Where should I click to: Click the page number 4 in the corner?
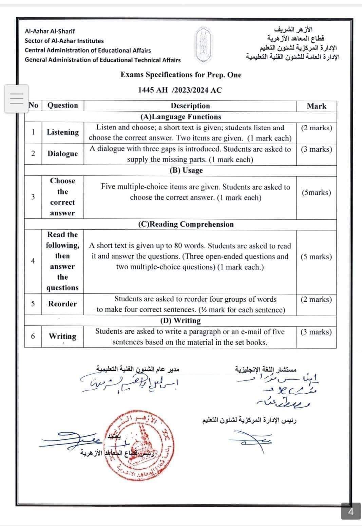click(x=351, y=511)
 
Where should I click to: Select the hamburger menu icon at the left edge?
click(x=16, y=98)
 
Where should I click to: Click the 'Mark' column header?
click(x=316, y=106)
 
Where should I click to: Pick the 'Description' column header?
click(x=190, y=106)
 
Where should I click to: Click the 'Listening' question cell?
click(x=63, y=132)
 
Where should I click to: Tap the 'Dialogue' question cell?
click(x=63, y=154)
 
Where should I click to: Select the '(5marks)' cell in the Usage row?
click(x=316, y=192)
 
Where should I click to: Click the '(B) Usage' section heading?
click(x=186, y=170)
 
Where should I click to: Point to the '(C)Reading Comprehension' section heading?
click(x=186, y=224)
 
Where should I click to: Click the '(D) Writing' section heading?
click(x=180, y=321)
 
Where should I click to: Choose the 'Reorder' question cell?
click(x=62, y=304)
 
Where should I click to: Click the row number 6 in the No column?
click(x=33, y=336)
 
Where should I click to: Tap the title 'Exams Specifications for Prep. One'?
click(x=181, y=75)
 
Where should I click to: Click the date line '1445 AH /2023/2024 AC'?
click(x=180, y=90)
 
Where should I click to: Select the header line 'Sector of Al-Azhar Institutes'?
click(x=64, y=41)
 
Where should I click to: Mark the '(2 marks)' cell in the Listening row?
click(x=316, y=128)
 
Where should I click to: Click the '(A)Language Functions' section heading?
click(x=180, y=117)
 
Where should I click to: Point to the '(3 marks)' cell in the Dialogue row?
click(x=316, y=149)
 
